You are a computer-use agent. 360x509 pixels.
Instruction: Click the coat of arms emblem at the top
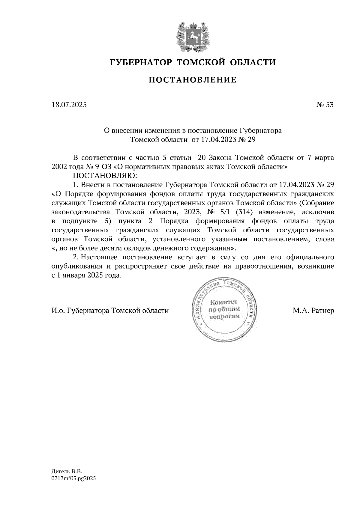192,36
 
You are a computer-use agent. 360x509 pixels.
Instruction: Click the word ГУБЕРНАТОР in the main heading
141,62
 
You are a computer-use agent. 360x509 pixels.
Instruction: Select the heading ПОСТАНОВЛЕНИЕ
193,80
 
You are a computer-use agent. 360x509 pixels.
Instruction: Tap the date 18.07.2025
69,105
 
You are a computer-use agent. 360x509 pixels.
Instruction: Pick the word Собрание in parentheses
319,203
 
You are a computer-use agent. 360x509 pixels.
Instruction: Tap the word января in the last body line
74,275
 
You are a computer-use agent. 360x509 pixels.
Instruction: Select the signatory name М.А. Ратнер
313,311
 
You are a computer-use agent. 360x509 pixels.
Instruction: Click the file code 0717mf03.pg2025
73,479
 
